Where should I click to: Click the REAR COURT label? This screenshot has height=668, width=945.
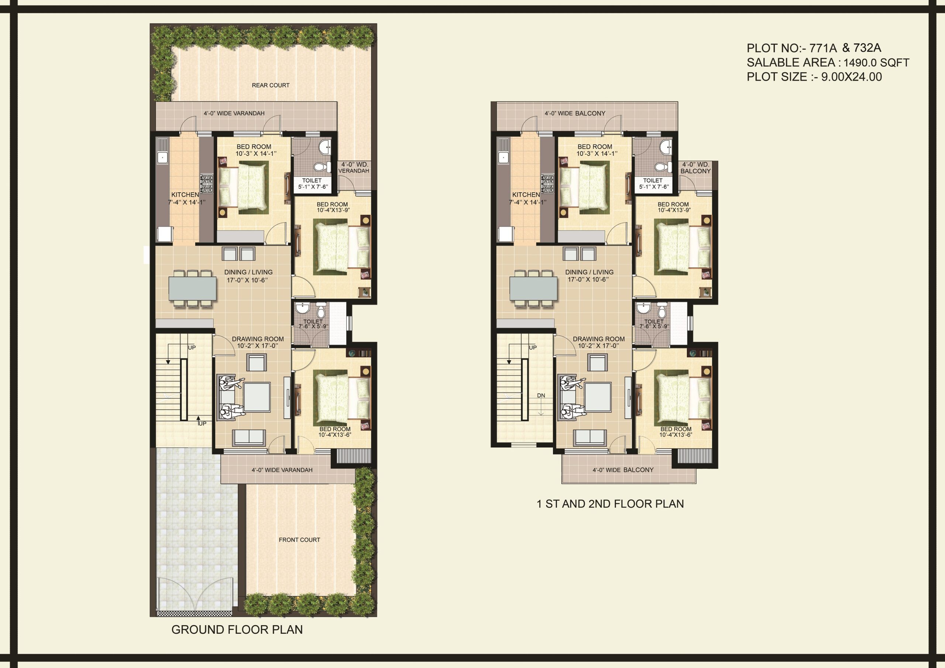pos(271,85)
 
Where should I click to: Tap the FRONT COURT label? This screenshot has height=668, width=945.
pos(299,540)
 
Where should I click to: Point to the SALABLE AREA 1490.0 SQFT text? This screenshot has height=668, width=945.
pos(828,63)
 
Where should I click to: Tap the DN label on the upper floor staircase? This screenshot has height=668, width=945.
pos(541,396)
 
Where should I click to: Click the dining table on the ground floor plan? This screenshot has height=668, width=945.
pos(192,288)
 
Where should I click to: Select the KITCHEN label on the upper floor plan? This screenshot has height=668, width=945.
pos(526,194)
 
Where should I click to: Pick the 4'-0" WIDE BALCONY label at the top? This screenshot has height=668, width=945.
pos(575,113)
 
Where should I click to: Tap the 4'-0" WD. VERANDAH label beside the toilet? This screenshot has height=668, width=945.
pos(354,168)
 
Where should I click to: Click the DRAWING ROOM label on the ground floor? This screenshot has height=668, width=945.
pos(258,339)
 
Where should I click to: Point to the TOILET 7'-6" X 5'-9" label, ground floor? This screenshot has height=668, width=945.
pos(313,324)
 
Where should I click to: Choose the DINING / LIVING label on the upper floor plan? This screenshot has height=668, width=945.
pos(589,272)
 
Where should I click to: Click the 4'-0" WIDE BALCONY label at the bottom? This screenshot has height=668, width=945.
pos(623,469)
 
